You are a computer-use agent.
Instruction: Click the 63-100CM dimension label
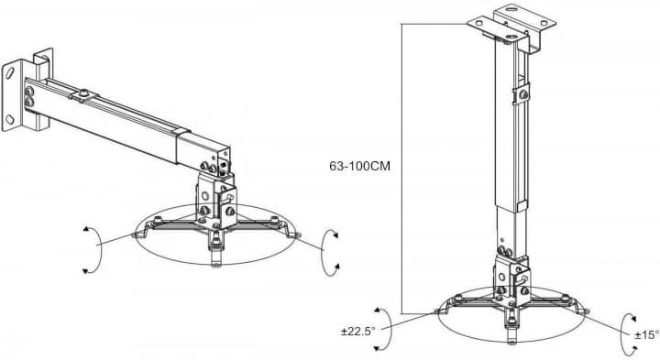(359, 166)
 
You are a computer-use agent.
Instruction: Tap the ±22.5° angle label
(357, 332)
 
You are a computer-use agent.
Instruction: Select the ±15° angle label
(647, 334)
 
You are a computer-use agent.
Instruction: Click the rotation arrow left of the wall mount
(96, 249)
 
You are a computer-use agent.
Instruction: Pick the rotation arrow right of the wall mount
(326, 252)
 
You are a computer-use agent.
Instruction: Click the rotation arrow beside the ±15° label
(625, 334)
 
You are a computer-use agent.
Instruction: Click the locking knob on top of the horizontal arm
(83, 93)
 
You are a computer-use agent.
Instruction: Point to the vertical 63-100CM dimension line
(401, 169)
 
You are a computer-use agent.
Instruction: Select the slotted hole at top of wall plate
(8, 72)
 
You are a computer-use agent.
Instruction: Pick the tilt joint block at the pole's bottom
(511, 279)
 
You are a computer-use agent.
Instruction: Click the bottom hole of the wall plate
(9, 119)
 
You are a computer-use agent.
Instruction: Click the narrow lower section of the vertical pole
(505, 231)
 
